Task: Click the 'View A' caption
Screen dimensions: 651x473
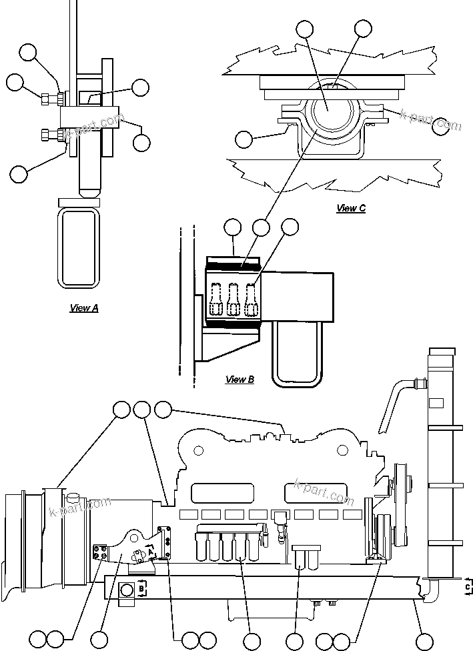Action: pos(84,308)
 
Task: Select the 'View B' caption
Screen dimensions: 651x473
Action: pos(240,380)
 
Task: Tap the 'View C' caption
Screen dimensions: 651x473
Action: pos(351,208)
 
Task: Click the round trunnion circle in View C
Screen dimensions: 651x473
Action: pos(330,109)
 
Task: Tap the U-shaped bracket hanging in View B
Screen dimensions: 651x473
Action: pos(296,350)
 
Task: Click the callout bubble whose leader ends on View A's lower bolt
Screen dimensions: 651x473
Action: pos(19,174)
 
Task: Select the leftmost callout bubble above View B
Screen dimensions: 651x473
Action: pos(232,227)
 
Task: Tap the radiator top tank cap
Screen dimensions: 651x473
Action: pos(442,352)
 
